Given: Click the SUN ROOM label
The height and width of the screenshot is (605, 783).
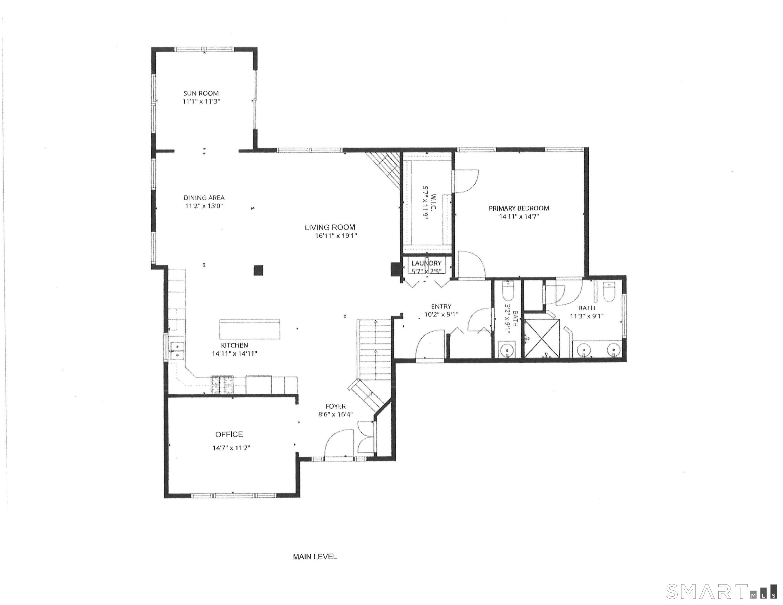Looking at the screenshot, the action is [x=201, y=93].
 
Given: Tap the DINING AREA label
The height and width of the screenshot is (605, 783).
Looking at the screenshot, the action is [x=204, y=197].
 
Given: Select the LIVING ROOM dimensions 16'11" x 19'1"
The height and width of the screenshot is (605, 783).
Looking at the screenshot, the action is [x=336, y=236].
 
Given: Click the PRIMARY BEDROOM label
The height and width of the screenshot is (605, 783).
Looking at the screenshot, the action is [x=519, y=208].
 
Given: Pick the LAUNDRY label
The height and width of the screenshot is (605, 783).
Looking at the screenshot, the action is [x=426, y=263].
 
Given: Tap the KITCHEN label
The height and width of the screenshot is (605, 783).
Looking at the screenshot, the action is [x=235, y=345].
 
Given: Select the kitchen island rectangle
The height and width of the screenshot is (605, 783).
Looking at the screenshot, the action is [x=250, y=329].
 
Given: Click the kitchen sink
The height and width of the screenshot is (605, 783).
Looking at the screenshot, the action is [x=177, y=350].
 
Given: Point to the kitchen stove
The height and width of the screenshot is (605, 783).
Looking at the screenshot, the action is [x=222, y=385].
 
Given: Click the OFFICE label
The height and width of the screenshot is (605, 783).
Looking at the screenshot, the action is [x=229, y=434].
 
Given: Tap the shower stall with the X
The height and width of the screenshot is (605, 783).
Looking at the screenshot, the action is [x=542, y=338].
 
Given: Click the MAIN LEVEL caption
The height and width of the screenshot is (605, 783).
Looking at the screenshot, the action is [x=315, y=557].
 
